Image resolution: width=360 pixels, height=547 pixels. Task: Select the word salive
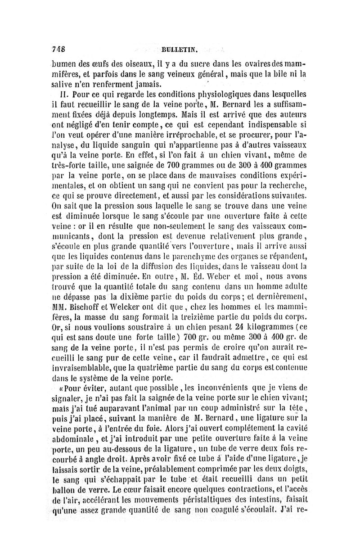pyautogui.click(x=63, y=84)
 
